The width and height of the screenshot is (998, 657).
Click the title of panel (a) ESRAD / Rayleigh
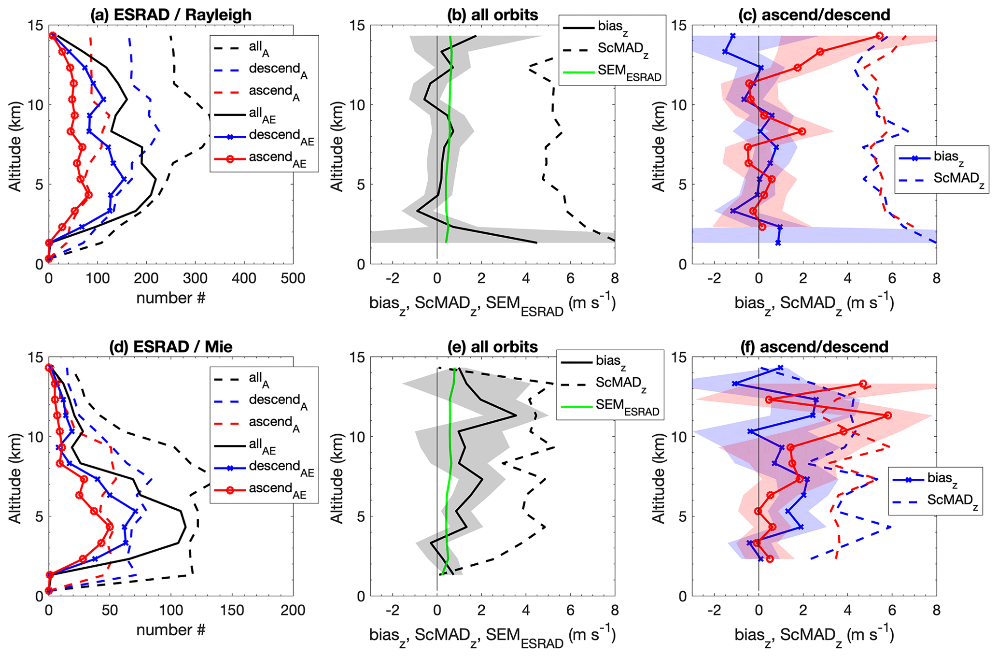171,14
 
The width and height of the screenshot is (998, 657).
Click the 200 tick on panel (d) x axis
293,611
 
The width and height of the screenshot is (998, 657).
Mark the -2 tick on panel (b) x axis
393,279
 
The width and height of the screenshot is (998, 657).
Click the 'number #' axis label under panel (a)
171,299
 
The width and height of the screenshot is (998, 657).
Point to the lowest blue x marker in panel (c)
778,243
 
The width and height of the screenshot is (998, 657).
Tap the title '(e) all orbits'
492,346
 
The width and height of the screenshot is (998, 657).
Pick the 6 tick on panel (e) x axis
570,611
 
